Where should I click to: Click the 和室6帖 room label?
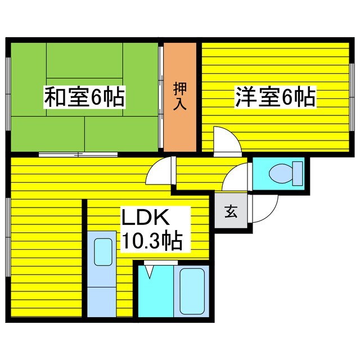[84, 98]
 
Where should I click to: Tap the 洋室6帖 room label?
[274, 98]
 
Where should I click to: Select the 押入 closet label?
[180, 96]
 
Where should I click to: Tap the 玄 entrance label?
[231, 211]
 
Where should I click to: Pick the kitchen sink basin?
[102, 252]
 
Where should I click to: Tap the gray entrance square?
[231, 212]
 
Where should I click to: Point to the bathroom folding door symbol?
[149, 271]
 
